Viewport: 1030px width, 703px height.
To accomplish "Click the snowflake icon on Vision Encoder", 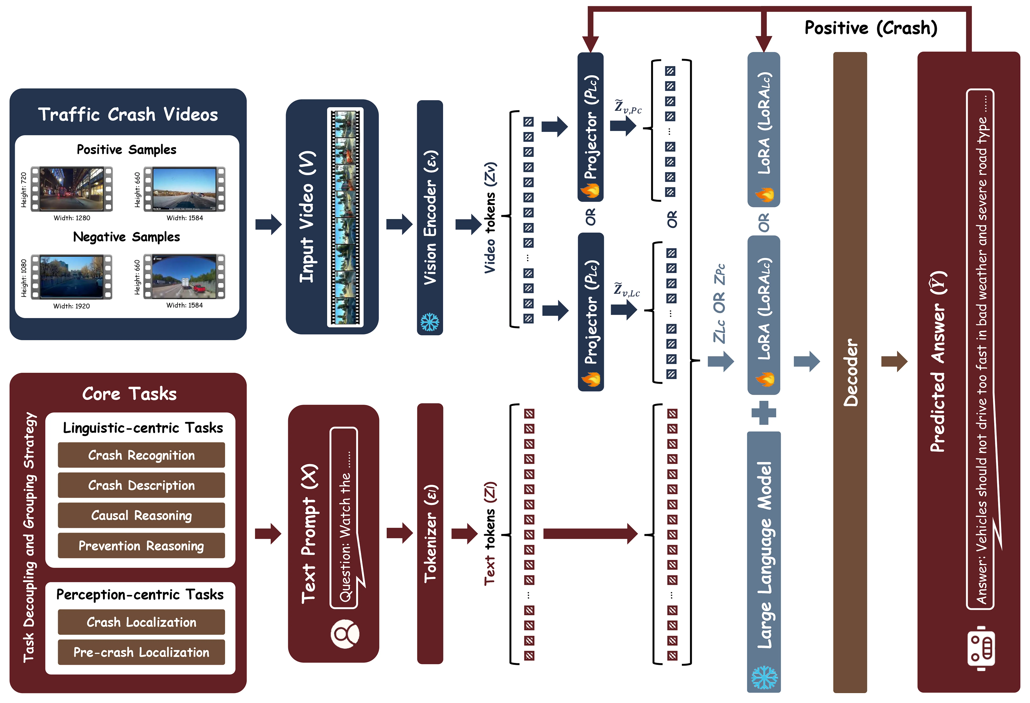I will pyautogui.click(x=429, y=322).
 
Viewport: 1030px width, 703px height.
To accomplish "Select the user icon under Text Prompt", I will pyautogui.click(x=345, y=634).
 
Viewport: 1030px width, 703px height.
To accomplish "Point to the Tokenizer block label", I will pyautogui.click(x=430, y=534).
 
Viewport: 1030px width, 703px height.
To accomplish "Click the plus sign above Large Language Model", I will pyautogui.click(x=764, y=413).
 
